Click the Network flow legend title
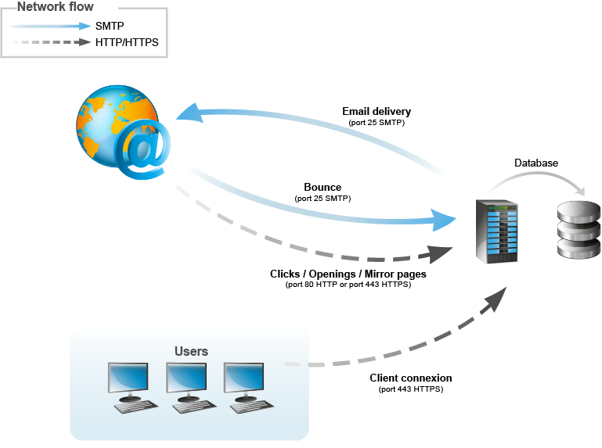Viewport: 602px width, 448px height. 55,8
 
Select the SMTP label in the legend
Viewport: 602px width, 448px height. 110,26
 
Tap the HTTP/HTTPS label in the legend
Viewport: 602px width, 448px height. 127,42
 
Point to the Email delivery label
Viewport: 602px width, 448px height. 377,112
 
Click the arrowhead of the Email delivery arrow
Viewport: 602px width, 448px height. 186,116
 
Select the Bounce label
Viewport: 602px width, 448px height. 323,188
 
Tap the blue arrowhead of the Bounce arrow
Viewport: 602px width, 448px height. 444,220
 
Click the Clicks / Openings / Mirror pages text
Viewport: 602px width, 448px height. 348,274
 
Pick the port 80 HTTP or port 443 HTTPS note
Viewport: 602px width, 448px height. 348,285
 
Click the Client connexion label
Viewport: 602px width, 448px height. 411,378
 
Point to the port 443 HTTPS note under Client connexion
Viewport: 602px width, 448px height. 411,389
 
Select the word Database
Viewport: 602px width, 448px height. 536,163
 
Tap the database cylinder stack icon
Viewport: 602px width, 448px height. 578,229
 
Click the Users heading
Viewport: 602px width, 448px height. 191,351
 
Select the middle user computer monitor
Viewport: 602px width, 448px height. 186,378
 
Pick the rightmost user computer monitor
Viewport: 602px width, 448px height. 243,378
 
